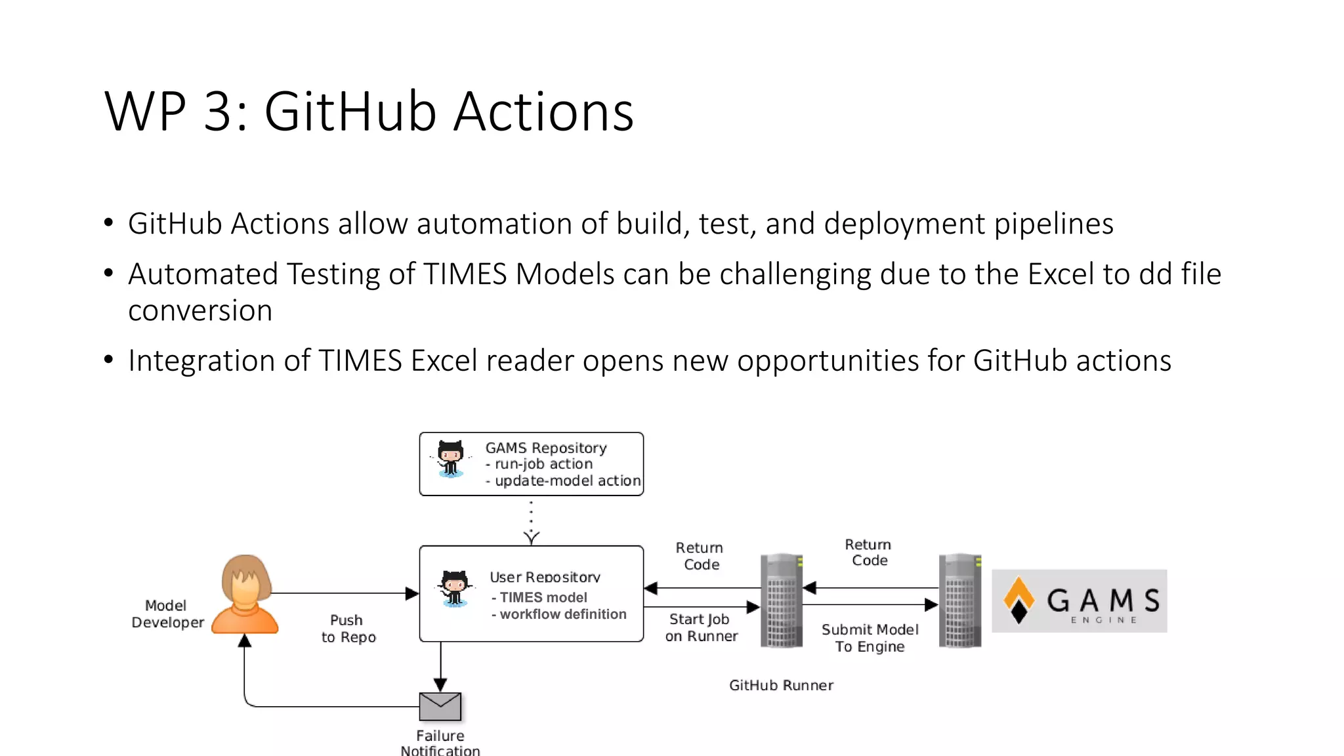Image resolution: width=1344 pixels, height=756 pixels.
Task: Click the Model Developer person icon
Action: [x=245, y=595]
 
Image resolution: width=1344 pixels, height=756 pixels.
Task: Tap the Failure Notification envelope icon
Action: [x=440, y=706]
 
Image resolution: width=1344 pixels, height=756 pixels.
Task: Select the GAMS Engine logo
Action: [x=1079, y=601]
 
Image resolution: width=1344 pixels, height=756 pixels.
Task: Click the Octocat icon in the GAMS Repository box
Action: [x=451, y=459]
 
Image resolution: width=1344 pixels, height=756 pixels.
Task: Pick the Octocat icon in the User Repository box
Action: [x=454, y=588]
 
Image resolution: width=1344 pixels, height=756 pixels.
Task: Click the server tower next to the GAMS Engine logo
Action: [x=960, y=600]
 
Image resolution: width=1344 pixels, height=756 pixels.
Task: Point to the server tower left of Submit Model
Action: [x=782, y=600]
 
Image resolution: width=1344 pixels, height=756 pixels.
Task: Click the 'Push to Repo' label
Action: [x=348, y=629]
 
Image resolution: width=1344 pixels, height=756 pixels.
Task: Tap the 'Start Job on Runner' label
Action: [x=701, y=627]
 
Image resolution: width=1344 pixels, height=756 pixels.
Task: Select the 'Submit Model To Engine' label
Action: [x=870, y=638]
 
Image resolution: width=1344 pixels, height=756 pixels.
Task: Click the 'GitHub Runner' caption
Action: [x=781, y=685]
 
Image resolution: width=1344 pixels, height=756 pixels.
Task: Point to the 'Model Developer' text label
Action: [x=167, y=614]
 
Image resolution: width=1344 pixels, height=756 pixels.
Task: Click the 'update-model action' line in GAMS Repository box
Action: [x=567, y=481]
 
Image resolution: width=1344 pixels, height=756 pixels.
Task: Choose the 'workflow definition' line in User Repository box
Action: [x=562, y=614]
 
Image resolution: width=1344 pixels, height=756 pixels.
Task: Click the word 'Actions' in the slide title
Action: [x=543, y=112]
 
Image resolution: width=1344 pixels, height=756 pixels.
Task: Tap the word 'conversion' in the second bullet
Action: [x=200, y=310]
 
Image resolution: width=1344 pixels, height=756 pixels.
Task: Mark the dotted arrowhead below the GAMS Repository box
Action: [x=532, y=537]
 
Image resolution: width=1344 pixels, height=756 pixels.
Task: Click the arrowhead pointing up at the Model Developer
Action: [x=245, y=640]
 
